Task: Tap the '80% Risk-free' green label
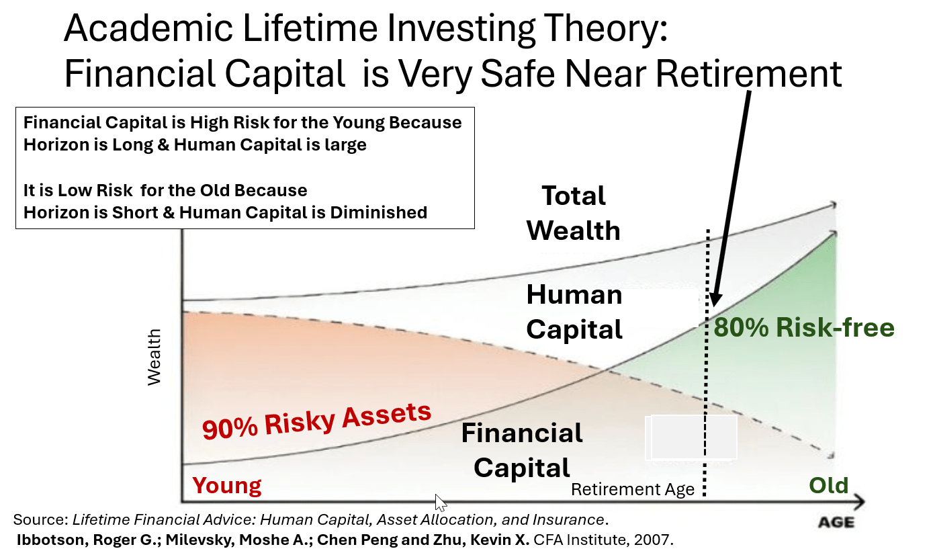(x=804, y=328)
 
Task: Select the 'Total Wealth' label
(x=573, y=213)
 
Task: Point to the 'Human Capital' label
(x=574, y=312)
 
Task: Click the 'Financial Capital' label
(x=522, y=450)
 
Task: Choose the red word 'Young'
(x=227, y=485)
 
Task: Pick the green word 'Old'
(x=828, y=485)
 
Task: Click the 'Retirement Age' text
(x=632, y=490)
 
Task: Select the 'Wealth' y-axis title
(x=154, y=356)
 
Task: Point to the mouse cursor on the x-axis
(x=440, y=502)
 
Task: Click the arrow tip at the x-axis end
(x=862, y=501)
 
